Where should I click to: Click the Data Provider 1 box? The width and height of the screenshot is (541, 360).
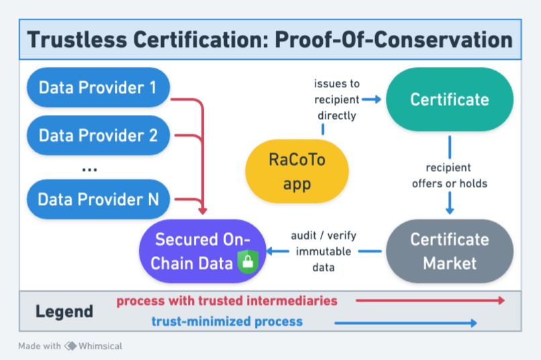(97, 88)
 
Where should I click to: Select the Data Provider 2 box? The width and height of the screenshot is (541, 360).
(97, 135)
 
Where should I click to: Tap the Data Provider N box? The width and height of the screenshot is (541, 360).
(97, 199)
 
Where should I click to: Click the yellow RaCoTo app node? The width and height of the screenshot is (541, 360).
(297, 171)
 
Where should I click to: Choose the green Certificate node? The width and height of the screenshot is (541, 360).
(449, 100)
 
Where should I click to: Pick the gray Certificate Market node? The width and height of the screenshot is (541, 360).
(449, 251)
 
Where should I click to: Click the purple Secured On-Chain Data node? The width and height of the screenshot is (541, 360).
(202, 251)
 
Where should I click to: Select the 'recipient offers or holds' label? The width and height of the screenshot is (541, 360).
(448, 175)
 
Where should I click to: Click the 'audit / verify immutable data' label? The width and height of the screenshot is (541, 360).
(323, 251)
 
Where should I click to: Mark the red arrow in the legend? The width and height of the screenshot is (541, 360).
(430, 301)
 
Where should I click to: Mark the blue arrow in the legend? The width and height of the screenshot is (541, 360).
(405, 323)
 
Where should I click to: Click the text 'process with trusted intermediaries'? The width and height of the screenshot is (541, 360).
(227, 300)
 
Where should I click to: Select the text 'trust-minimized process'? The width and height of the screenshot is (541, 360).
(227, 322)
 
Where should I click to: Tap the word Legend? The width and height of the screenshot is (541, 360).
(64, 312)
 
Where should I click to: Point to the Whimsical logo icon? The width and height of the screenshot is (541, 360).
(70, 347)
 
